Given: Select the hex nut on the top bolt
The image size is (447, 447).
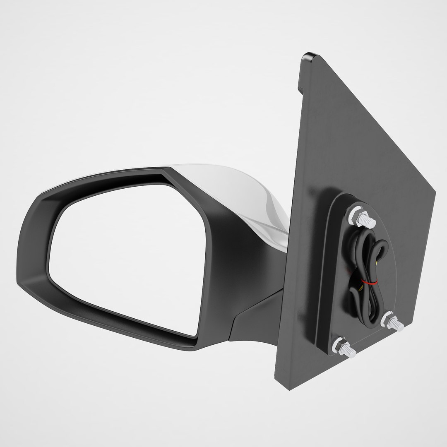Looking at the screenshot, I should (357, 216).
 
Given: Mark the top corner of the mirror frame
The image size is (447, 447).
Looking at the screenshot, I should (166, 170).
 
